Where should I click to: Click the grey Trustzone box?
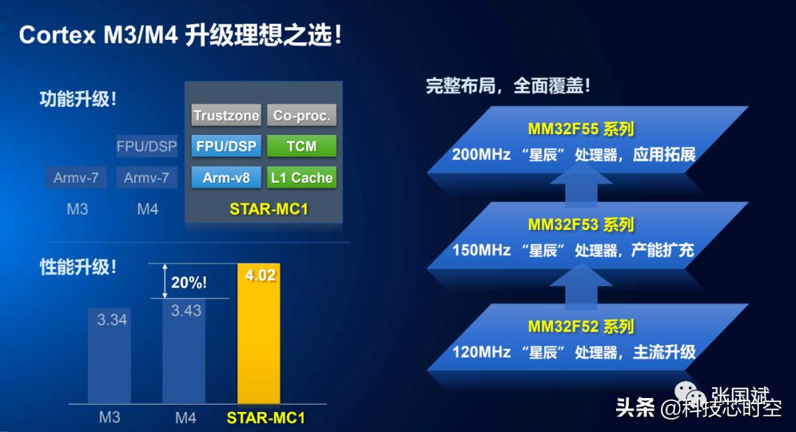pos(226,115)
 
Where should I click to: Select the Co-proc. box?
pos(301,115)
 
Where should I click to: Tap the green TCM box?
pos(301,146)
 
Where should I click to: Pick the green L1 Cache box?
pos(301,178)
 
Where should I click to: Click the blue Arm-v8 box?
pos(226,178)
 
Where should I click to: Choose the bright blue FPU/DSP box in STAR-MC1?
pos(226,146)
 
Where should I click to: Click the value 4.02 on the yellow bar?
pos(259,276)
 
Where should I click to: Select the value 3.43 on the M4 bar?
pos(186,310)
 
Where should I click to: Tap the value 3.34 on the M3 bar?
pos(113,319)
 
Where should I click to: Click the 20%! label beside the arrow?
pos(189,282)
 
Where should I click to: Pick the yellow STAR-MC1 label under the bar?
pos(265,418)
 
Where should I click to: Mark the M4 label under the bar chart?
pos(186,418)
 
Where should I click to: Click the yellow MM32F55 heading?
pos(581,129)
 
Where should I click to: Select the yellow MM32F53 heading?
pos(581,225)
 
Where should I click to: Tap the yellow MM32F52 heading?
pos(581,327)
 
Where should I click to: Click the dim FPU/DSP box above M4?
pos(147,146)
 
